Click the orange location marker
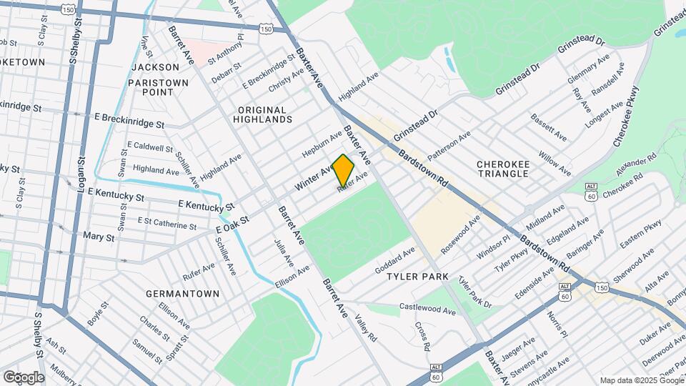pos(343,170)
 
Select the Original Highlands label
pos(262,115)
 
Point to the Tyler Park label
pos(417,276)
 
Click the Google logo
pos(23,377)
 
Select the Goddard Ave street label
pos(394,261)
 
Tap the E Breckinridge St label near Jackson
pos(129,120)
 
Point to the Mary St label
pos(99,236)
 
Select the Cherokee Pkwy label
pos(625,117)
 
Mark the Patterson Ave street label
pos(449,146)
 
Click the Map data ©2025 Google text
pos(640,380)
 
